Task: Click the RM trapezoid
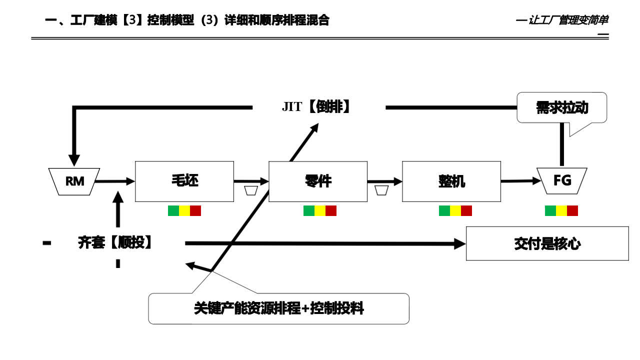pyautogui.click(x=74, y=181)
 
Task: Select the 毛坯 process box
pyautogui.click(x=184, y=181)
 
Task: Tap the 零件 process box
pyautogui.click(x=318, y=181)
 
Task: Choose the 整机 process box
pyautogui.click(x=451, y=181)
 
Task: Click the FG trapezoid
pyautogui.click(x=562, y=180)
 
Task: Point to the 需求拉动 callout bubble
pyautogui.click(x=561, y=107)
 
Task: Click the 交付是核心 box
pyautogui.click(x=547, y=243)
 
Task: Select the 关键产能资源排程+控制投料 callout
pyautogui.click(x=278, y=308)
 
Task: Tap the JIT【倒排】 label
pyautogui.click(x=316, y=106)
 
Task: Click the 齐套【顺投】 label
pyautogui.click(x=115, y=243)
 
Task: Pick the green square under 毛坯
pyautogui.click(x=173, y=210)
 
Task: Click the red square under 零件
pyautogui.click(x=331, y=210)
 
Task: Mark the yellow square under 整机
pyautogui.click(x=455, y=210)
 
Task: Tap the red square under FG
pyautogui.click(x=572, y=210)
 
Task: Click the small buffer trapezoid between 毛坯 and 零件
pyautogui.click(x=251, y=190)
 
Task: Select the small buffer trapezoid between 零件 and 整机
pyautogui.click(x=381, y=190)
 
